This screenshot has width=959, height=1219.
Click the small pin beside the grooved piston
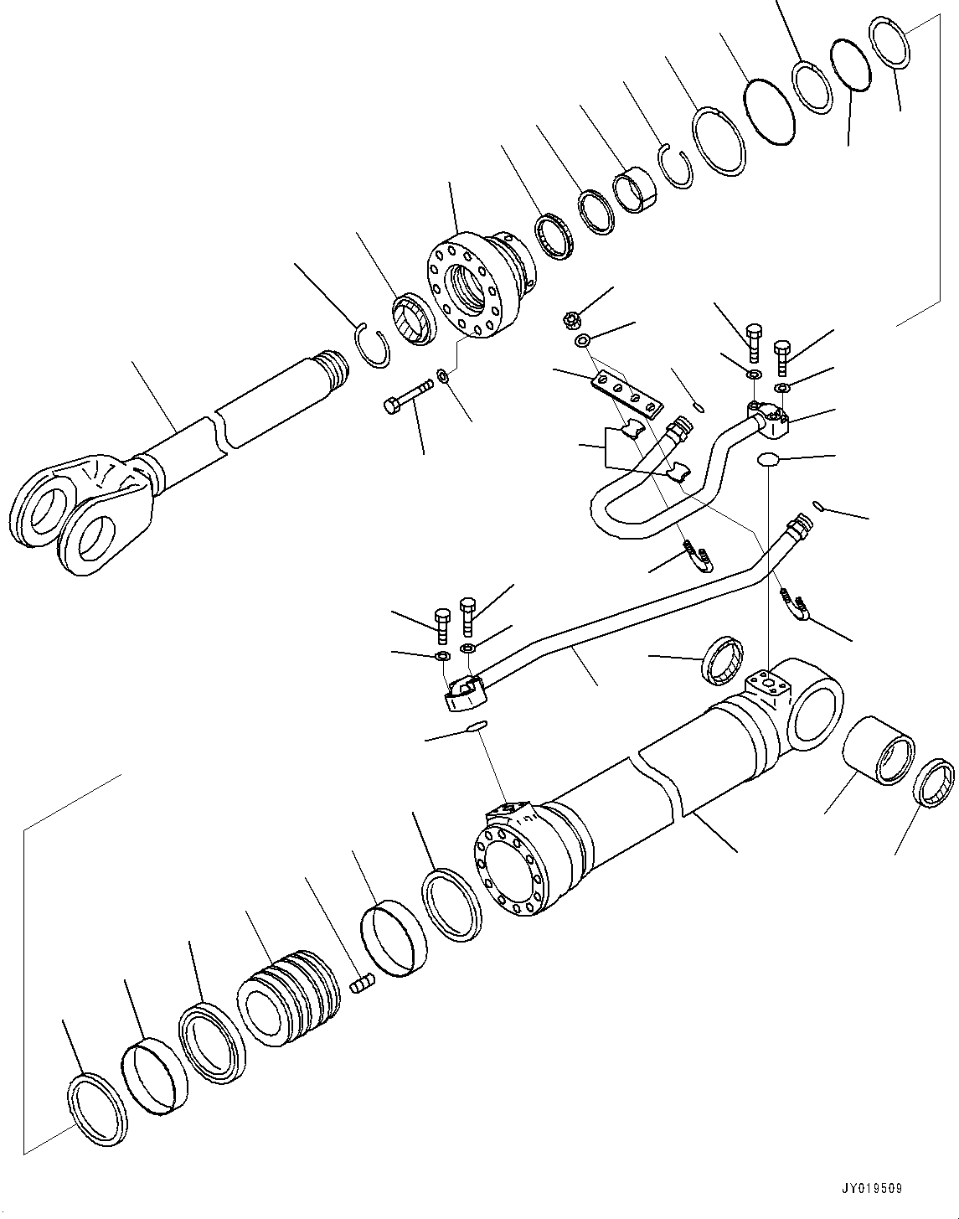coord(360,984)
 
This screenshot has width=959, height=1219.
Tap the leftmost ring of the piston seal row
coord(97,1106)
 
